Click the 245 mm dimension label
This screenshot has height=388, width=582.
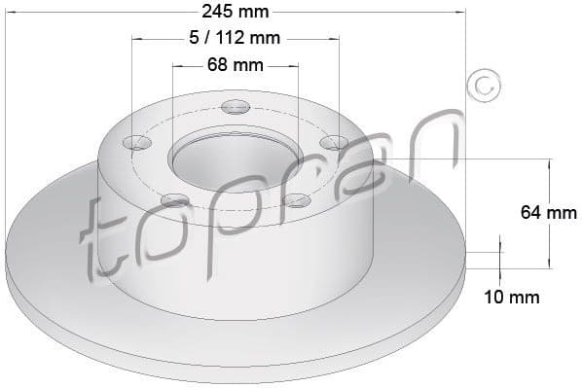tap(235, 12)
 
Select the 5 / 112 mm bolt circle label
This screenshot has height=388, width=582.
tap(235, 39)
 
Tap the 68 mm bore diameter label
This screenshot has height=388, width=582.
tap(235, 66)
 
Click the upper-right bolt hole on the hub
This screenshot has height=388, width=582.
tap(334, 143)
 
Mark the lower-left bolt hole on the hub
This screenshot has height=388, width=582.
tap(174, 200)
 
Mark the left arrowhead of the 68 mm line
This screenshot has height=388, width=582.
tap(177, 66)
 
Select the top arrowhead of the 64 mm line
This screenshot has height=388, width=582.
tap(547, 162)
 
